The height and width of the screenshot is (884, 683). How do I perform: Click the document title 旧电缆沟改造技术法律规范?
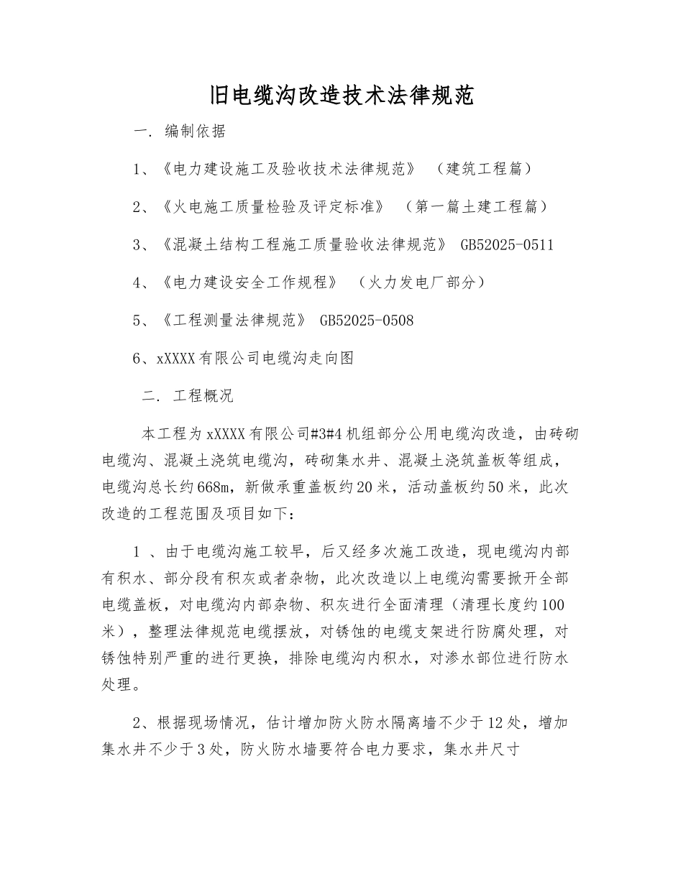click(x=341, y=96)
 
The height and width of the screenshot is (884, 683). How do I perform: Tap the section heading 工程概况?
click(x=203, y=396)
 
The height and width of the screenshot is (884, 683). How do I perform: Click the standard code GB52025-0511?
click(x=506, y=245)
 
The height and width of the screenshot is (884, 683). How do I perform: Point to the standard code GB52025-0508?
click(x=366, y=321)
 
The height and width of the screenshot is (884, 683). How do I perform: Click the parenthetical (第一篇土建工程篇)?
click(x=476, y=207)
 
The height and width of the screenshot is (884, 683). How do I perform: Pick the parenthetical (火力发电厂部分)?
click(x=422, y=283)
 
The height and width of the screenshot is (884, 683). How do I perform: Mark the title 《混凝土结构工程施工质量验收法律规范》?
click(x=305, y=245)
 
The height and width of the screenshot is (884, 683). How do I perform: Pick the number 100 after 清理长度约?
click(x=556, y=605)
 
